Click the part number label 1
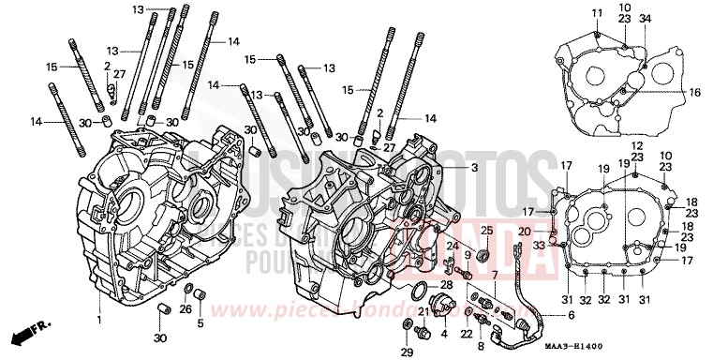point(98,321)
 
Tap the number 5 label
point(200,324)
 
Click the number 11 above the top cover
point(596,12)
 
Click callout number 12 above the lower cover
point(635,145)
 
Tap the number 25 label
point(486,231)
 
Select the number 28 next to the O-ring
point(446,284)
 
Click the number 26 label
point(186,309)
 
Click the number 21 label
point(423,312)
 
